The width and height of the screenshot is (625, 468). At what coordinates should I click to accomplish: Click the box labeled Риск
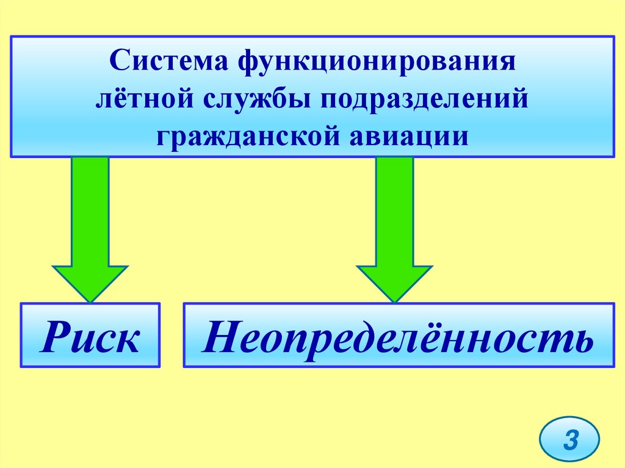point(90,336)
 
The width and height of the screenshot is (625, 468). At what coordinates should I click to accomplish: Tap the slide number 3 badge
point(569,439)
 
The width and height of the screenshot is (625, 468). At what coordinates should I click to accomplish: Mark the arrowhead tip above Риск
point(90,300)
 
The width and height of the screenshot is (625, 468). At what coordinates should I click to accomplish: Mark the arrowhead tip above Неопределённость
point(394,300)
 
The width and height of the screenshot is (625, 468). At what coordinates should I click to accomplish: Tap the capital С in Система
point(119,63)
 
